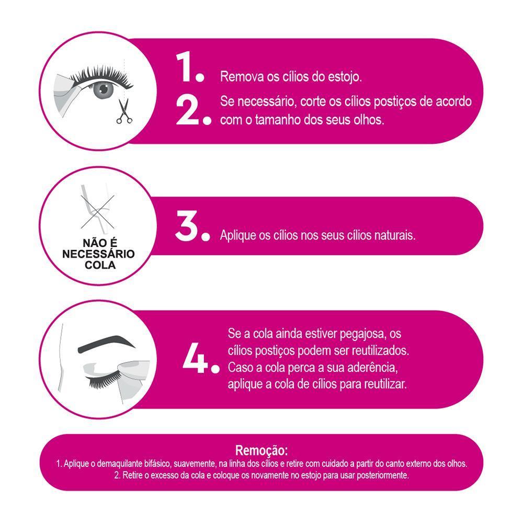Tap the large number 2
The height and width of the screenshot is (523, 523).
coord(187,111)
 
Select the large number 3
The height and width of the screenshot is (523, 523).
coord(187,226)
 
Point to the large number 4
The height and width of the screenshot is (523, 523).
coord(195,357)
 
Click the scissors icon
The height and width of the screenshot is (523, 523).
coord(124,111)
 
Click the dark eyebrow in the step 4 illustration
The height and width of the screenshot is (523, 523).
coord(106,345)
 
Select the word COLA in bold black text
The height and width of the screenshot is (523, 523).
coord(100,265)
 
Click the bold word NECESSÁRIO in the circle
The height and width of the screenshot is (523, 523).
coord(98,254)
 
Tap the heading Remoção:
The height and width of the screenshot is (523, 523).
coord(261,450)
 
